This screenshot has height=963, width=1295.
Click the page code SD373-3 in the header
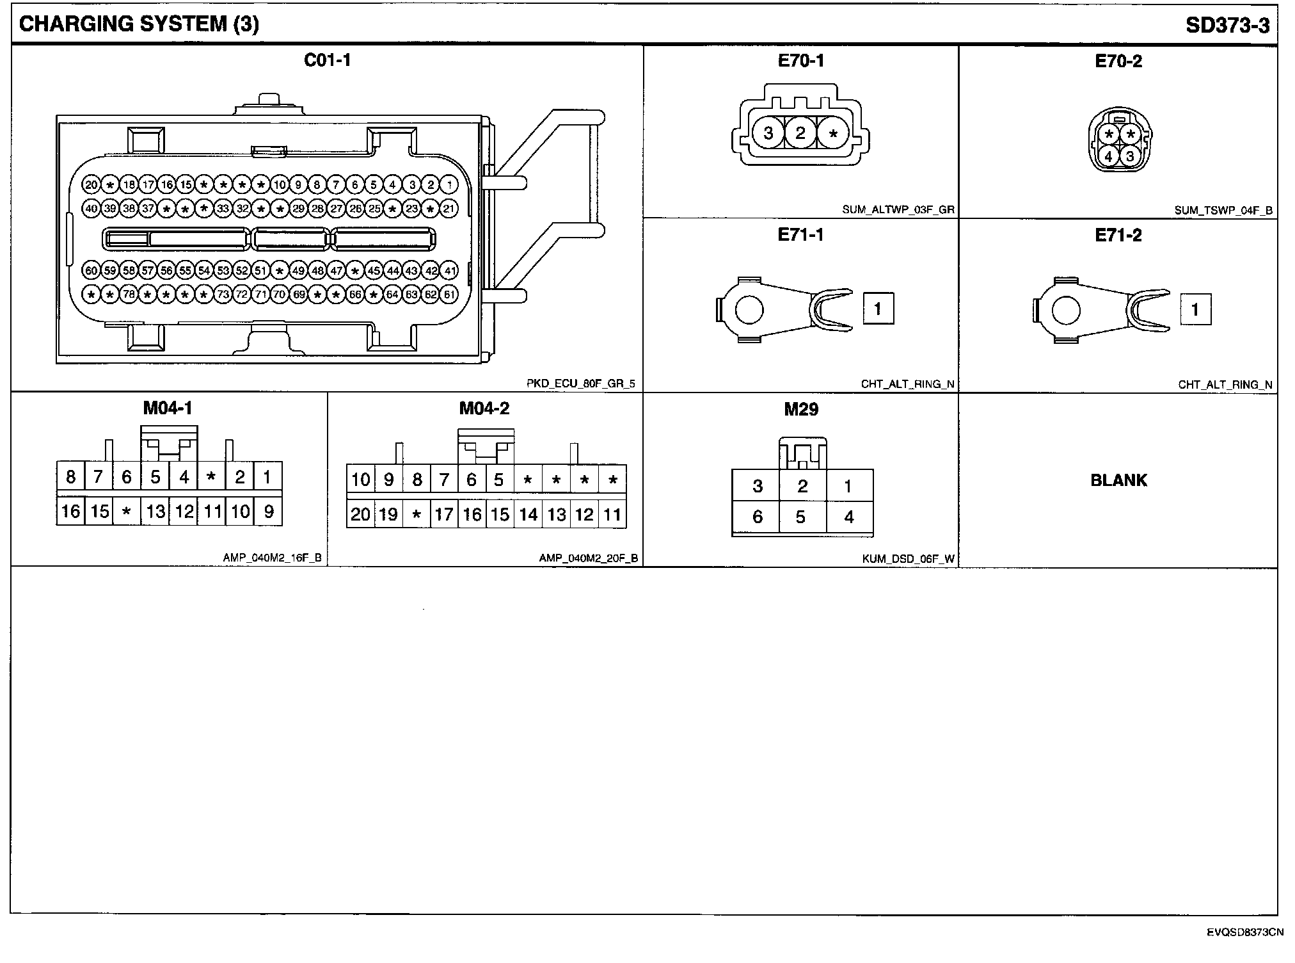click(1227, 25)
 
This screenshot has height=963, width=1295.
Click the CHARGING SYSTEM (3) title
click(139, 24)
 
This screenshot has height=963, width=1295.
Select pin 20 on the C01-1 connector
click(91, 185)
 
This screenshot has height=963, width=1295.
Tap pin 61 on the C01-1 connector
click(450, 295)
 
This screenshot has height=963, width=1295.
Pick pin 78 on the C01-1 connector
click(129, 295)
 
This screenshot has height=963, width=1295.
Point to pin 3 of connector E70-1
click(768, 133)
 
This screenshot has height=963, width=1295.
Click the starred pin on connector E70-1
click(833, 133)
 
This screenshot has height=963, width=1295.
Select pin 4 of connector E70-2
click(1109, 156)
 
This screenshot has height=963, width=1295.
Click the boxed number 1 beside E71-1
click(878, 309)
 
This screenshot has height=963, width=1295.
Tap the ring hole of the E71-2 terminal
click(1065, 311)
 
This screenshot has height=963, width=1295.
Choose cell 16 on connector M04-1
click(70, 511)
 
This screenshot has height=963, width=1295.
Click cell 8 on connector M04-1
click(70, 477)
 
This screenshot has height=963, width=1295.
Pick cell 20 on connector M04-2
click(360, 514)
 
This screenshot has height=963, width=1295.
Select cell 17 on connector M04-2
click(444, 514)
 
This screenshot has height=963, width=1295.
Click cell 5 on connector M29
click(801, 517)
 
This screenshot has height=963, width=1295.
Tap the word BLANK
click(1118, 480)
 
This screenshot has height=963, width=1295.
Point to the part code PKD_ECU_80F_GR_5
click(580, 384)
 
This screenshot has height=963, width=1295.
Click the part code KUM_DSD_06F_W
click(908, 559)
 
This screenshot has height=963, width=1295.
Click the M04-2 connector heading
click(484, 409)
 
